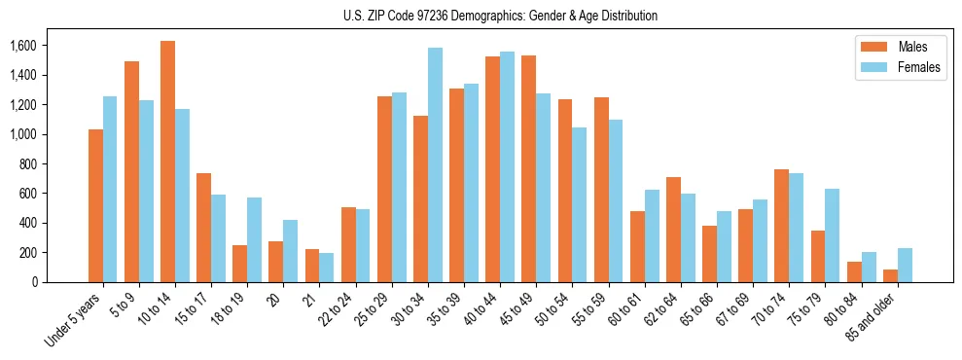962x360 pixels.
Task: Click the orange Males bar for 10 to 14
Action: tap(167, 162)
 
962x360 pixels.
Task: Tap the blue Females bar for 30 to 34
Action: tap(435, 165)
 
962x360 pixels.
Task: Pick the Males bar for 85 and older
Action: tap(890, 275)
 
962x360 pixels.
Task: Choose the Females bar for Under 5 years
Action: tap(110, 190)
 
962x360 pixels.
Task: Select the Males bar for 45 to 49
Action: tap(528, 168)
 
